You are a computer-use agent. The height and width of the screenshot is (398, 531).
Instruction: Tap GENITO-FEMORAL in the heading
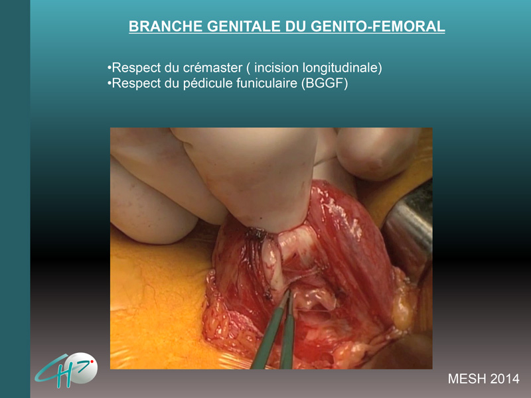tap(378, 27)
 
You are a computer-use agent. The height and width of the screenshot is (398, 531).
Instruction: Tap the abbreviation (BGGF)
tap(325, 84)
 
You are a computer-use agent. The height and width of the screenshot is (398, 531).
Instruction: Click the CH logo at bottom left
tap(66, 370)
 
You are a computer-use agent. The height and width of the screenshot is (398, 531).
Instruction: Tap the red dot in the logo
tap(92, 362)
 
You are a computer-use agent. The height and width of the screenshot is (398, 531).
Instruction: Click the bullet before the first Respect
tap(109, 68)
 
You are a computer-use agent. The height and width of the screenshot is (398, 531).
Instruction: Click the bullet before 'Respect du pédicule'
tap(109, 84)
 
